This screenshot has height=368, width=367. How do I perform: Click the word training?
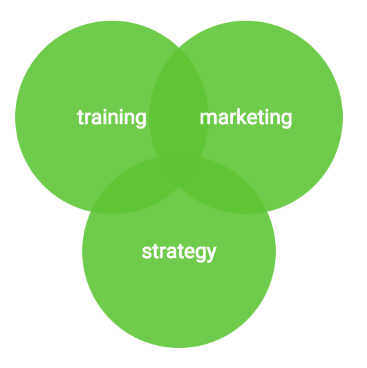111,118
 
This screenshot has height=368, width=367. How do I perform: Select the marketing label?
246,118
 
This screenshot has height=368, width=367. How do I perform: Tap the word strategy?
179,252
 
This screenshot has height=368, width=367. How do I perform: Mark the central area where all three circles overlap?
179,169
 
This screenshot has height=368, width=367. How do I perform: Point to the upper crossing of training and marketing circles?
179,48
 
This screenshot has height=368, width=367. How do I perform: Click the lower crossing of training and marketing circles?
179,187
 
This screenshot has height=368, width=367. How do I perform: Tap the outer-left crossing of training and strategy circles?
91,212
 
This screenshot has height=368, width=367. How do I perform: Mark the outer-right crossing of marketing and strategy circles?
267,212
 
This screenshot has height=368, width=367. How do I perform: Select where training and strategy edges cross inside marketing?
200,157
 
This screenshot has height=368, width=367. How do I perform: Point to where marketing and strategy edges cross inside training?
158,157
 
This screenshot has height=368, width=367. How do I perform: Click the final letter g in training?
141,120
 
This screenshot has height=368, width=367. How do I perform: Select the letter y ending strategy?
211,254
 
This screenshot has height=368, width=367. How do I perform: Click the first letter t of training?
80,117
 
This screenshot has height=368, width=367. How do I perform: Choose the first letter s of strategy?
147,253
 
